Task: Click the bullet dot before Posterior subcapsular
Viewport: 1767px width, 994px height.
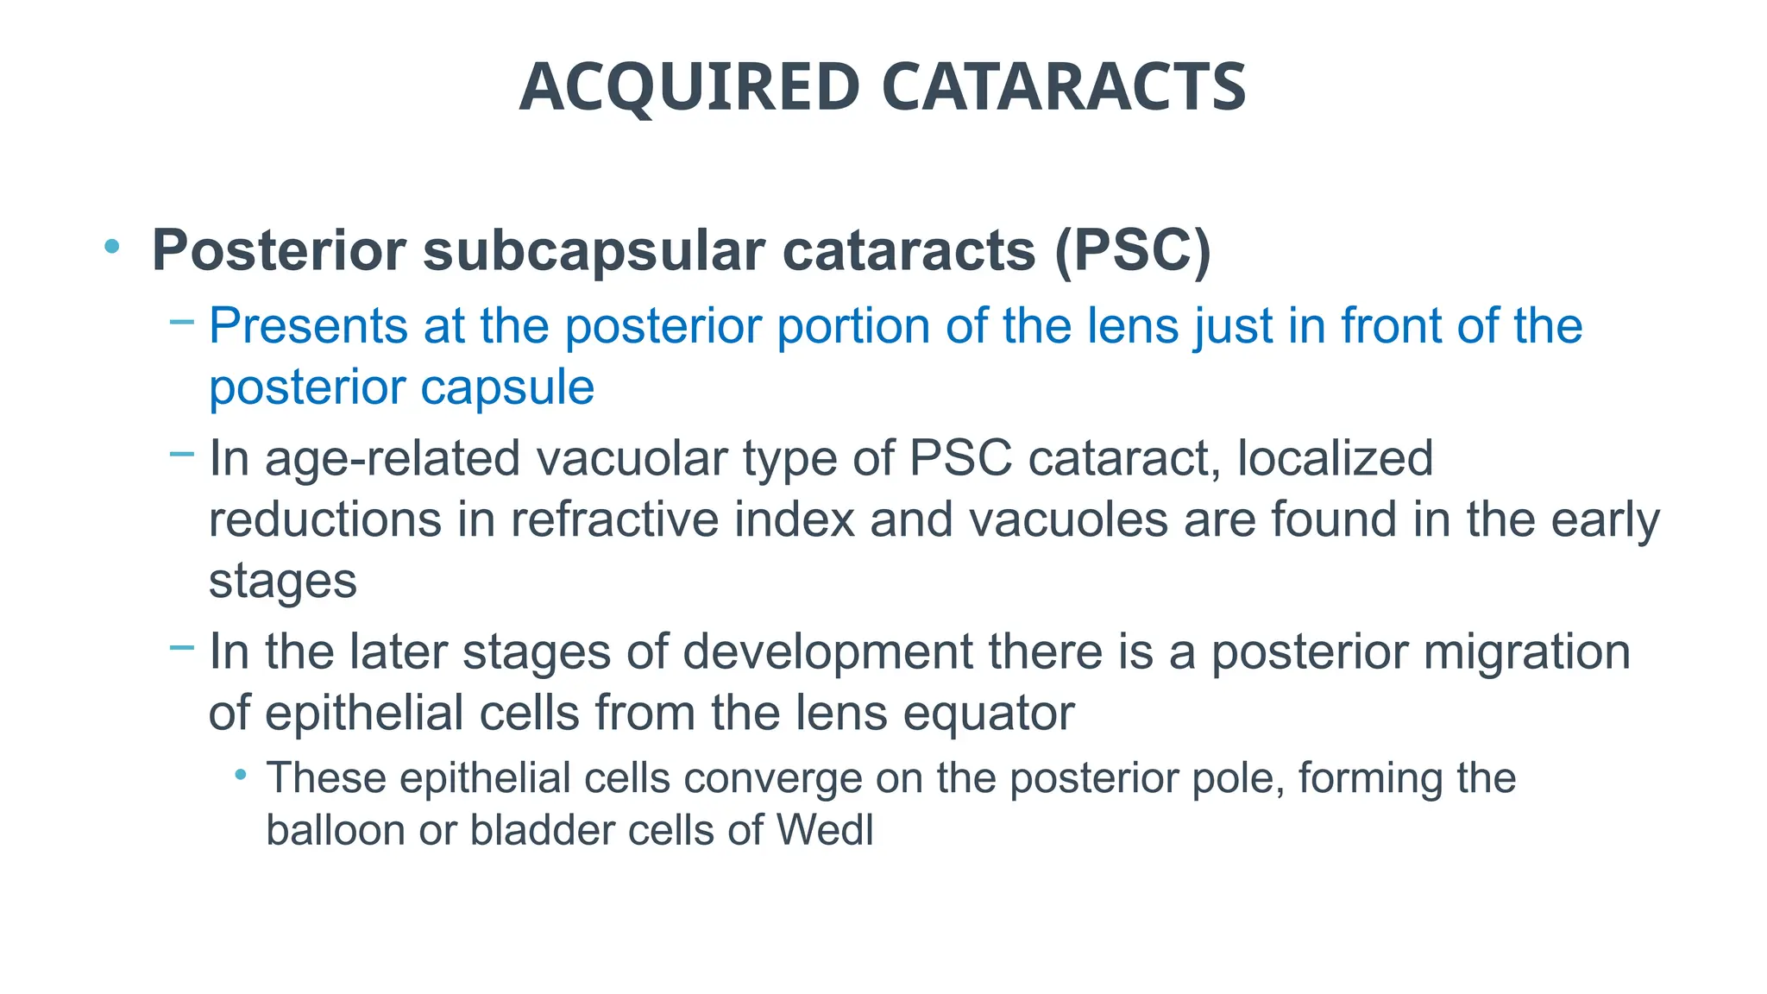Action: click(111, 247)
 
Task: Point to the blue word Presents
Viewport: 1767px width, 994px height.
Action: click(308, 326)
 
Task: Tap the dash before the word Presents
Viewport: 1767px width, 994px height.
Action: click(182, 323)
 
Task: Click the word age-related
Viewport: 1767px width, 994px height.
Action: click(392, 457)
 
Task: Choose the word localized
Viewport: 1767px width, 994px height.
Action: click(1335, 457)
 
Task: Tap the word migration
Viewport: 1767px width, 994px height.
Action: click(1526, 651)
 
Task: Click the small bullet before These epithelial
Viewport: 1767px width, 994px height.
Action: click(241, 775)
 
